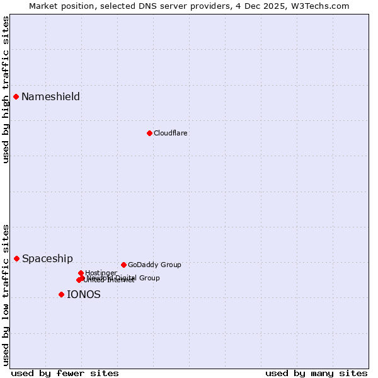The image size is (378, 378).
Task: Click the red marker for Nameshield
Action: pos(16,96)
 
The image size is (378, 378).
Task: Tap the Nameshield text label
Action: pos(50,96)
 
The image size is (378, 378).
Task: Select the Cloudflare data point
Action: pos(149,133)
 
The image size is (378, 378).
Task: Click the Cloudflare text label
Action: pos(170,133)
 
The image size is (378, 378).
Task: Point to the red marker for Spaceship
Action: pos(17,258)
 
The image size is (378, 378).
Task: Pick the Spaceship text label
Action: pos(47,258)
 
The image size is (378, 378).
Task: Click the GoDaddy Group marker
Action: pos(123,265)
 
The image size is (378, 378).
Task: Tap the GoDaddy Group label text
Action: pos(154,265)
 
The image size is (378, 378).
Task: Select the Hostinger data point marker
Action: pos(81,273)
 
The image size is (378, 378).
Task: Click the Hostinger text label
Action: pos(101,273)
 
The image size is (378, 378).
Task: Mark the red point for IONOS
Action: pos(61,294)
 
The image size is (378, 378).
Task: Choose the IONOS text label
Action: pos(84,294)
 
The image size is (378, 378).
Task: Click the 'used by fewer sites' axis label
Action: pos(65,373)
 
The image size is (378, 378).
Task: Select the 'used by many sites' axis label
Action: pos(316,373)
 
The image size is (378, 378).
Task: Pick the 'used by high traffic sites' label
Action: pos(6,89)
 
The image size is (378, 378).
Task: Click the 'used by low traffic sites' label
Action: pos(6,295)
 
